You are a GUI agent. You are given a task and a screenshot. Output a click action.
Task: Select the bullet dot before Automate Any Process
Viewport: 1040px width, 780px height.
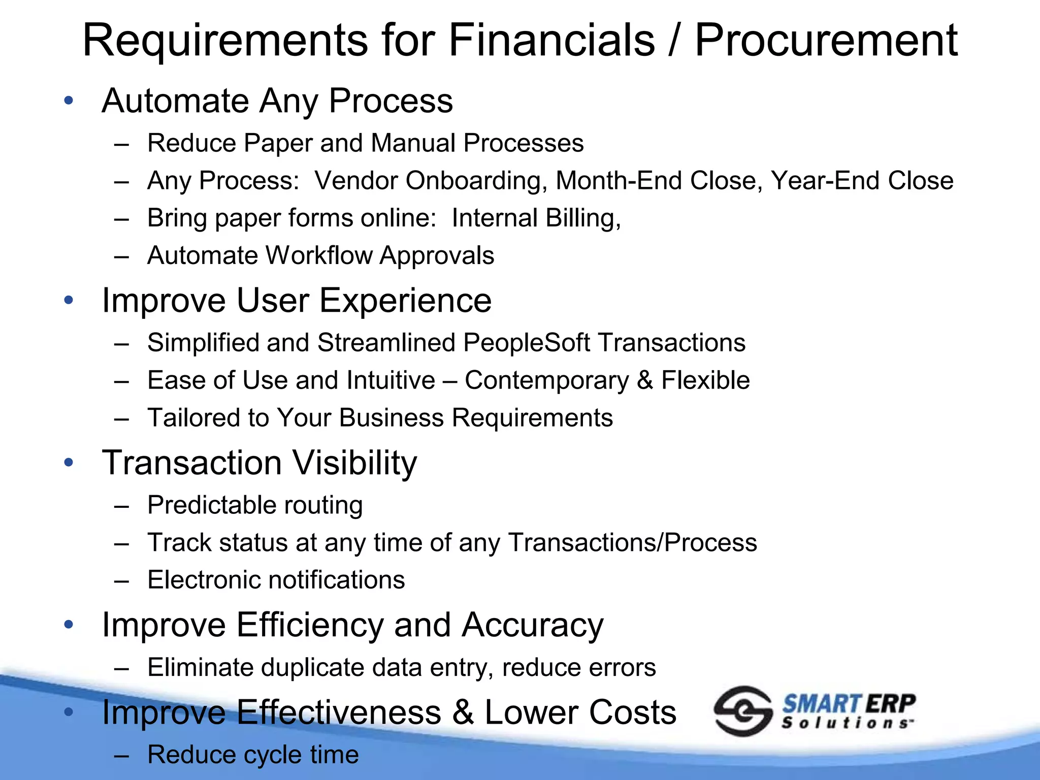click(69, 101)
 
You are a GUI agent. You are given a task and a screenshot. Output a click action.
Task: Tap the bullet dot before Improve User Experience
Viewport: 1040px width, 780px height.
click(69, 300)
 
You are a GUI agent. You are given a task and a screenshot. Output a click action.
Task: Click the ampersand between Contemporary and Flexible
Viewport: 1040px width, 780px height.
click(645, 380)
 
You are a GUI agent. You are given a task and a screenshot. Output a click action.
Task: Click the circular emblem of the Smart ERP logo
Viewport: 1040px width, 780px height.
click(742, 710)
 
